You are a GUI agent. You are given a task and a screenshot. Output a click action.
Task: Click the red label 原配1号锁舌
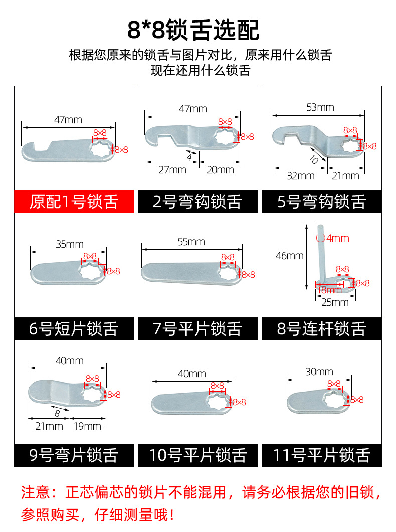pyautogui.click(x=74, y=202)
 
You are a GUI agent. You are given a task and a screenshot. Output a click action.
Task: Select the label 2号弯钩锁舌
pyautogui.click(x=197, y=202)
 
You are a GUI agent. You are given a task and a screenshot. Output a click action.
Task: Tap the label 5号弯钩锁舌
pyautogui.click(x=321, y=202)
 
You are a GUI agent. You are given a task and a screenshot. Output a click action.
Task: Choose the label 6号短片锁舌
pyautogui.click(x=74, y=329)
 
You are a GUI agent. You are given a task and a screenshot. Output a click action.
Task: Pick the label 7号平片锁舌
pyautogui.click(x=197, y=329)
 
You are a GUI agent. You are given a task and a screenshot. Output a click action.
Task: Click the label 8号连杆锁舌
pyautogui.click(x=321, y=329)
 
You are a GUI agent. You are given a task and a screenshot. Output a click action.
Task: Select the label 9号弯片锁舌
pyautogui.click(x=74, y=455)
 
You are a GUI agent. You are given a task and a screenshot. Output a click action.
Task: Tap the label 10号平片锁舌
pyautogui.click(x=197, y=455)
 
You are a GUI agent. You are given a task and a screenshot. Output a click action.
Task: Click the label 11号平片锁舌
pyautogui.click(x=321, y=455)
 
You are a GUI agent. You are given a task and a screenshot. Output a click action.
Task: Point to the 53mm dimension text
pyautogui.click(x=320, y=107)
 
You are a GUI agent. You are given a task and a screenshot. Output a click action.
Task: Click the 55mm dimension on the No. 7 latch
pyautogui.click(x=191, y=242)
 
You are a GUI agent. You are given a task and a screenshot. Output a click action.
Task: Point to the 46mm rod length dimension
pyautogui.click(x=289, y=256)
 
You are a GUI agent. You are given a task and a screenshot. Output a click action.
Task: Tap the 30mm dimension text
pyautogui.click(x=319, y=372)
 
